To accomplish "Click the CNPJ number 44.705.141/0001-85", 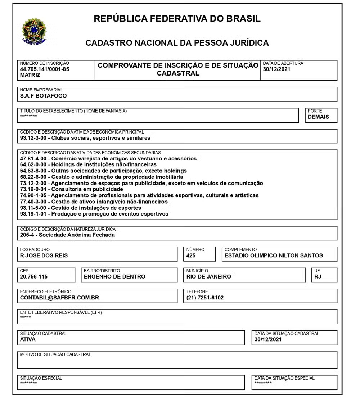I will coord(44,69).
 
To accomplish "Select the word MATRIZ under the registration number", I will coord(30,75).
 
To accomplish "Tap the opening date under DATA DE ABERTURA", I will coord(276,69).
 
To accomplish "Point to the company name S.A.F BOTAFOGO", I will coord(43,96).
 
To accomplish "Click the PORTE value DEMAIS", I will coord(318,117).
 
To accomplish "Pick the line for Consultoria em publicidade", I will coord(72,189).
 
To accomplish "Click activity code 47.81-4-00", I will coord(34,158).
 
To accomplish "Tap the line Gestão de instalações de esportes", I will coord(81,208).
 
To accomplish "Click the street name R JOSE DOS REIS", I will coord(44,256).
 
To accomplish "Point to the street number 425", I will coord(191,256).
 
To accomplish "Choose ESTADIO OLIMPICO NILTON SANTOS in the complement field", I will coord(274,256).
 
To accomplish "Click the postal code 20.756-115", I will coord(34,277).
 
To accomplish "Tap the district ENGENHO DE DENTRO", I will coord(114,277).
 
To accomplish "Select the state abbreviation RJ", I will coord(318,277).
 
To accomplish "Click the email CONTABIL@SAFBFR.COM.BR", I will coord(59,298).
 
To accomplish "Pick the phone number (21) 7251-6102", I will coord(205,298).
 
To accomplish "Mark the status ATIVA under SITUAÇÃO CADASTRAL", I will coord(28,339).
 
